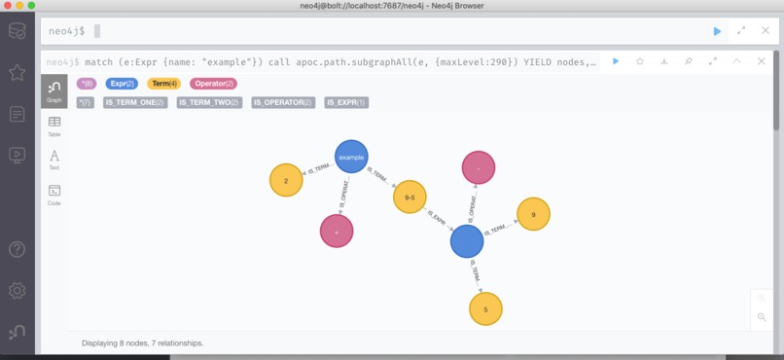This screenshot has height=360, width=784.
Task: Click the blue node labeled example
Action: [x=350, y=156]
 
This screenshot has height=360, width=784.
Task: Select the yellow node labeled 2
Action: [x=286, y=180]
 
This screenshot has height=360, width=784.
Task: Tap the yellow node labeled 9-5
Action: [x=410, y=198]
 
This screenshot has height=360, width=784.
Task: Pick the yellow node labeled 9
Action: [x=533, y=214]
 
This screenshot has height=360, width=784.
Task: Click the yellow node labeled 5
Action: [x=485, y=308]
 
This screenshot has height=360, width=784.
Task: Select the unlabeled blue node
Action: [x=467, y=240]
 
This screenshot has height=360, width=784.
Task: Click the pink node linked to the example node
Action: [x=337, y=232]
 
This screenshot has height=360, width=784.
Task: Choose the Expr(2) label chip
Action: [x=123, y=84]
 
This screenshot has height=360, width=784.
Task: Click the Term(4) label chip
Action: [x=164, y=84]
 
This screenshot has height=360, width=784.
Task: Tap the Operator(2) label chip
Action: [x=213, y=84]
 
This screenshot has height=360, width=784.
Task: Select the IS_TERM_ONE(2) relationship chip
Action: [x=134, y=102]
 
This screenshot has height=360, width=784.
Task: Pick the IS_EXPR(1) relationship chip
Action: [x=346, y=102]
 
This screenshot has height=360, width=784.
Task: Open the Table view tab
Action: [x=54, y=126]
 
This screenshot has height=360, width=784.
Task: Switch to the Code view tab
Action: [x=54, y=195]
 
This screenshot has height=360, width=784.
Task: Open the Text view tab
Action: [x=54, y=161]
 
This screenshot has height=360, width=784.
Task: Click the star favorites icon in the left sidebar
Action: [x=18, y=73]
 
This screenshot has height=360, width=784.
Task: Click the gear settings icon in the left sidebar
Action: [x=18, y=291]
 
